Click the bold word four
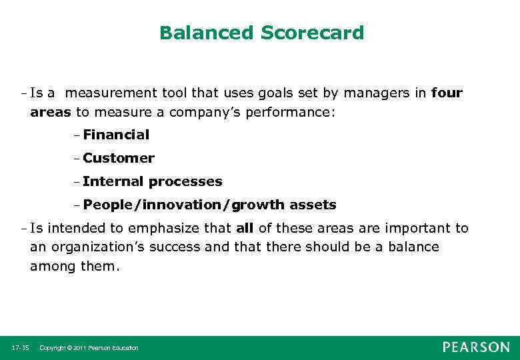[447, 93]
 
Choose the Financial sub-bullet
[116, 135]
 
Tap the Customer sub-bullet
[118, 158]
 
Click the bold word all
[245, 228]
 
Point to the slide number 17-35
[20, 348]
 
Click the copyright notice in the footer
[89, 348]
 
